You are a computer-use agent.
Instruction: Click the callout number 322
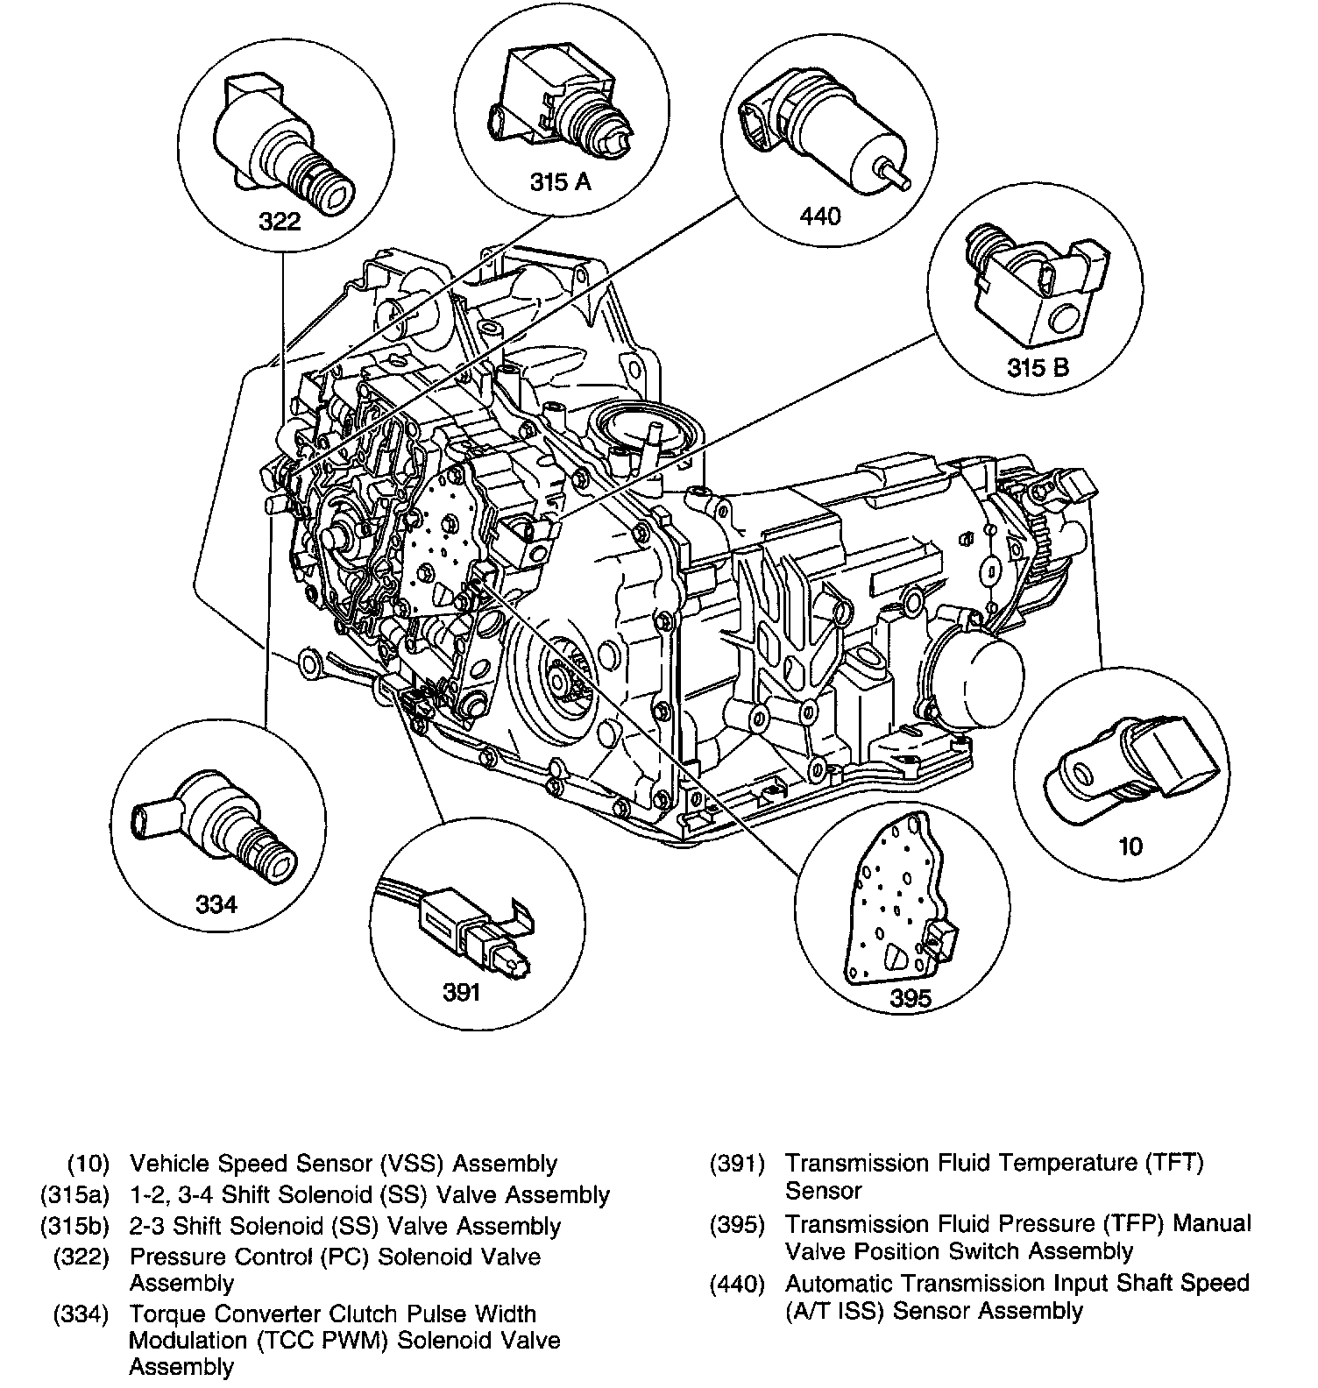pos(280,220)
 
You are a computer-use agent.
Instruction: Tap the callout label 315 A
pos(560,181)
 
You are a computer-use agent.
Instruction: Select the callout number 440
pos(820,216)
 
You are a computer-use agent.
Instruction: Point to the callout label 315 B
pos(1038,366)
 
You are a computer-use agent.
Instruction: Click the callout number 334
pos(216,903)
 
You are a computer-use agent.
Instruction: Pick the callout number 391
pos(462,991)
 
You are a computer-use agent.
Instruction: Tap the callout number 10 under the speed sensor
pos(1131,846)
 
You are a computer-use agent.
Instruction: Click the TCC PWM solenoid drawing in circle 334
pos(219,824)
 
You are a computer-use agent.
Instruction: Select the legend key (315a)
pos(74,1194)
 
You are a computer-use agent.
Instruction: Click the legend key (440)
pos(737,1284)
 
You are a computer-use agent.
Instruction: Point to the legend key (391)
pos(737,1164)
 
